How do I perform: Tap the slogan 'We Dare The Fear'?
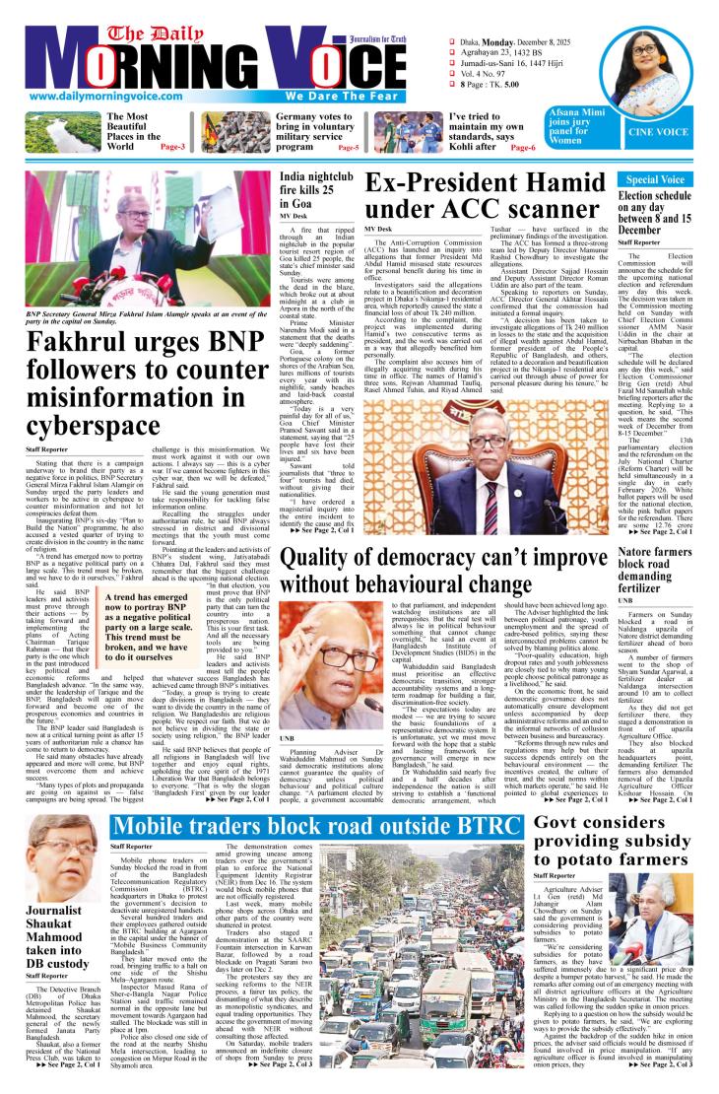339,98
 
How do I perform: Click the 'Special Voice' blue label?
655,180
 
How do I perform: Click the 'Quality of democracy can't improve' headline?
446,572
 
